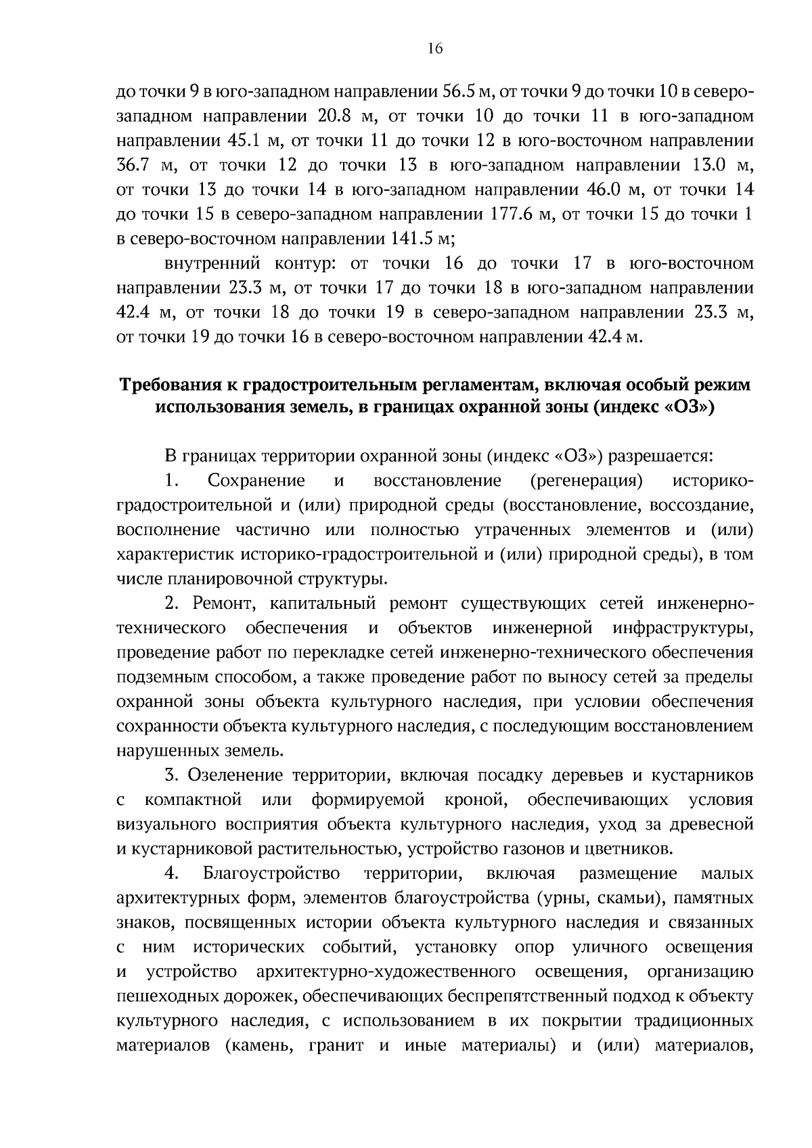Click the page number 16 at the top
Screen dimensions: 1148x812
click(434, 48)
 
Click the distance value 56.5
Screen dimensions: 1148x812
click(461, 91)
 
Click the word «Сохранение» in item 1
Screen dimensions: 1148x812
click(256, 480)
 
